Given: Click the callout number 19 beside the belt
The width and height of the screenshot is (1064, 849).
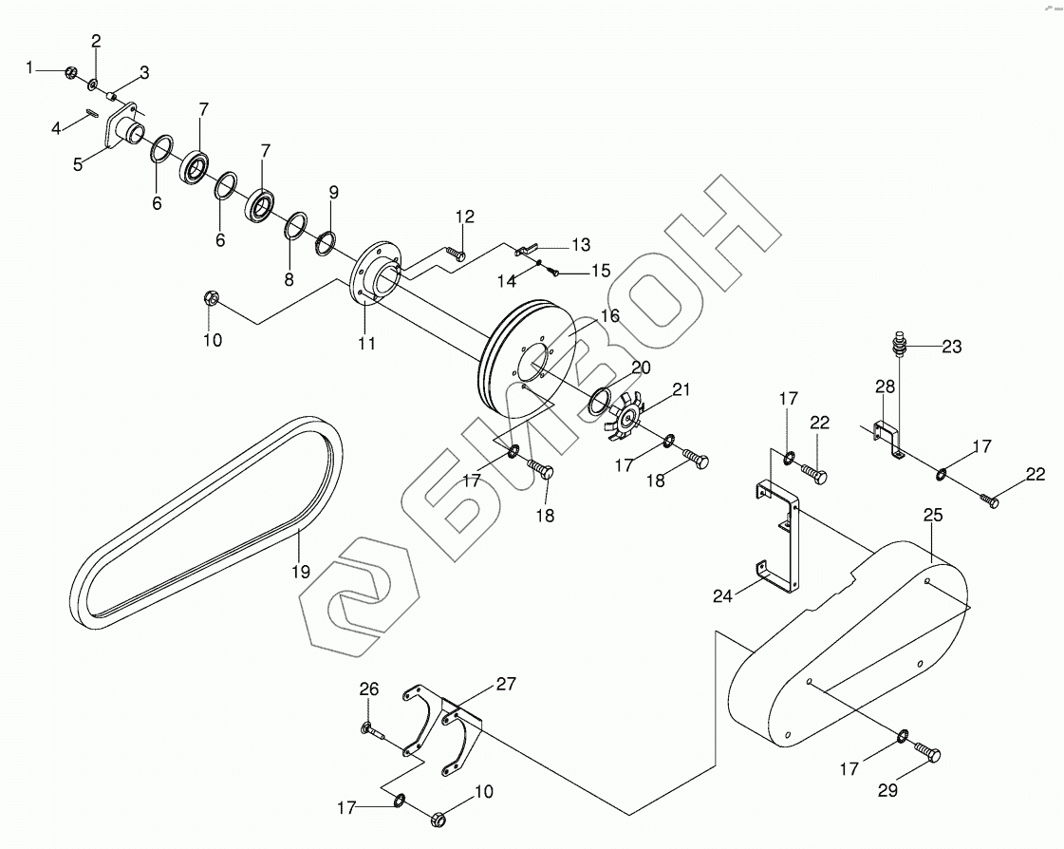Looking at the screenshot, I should (x=300, y=572).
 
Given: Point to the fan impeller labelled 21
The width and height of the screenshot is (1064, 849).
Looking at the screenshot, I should (x=627, y=419).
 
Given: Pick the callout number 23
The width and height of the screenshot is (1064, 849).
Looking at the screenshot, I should (x=951, y=348).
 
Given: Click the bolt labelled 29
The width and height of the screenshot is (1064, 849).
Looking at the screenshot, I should (x=927, y=752).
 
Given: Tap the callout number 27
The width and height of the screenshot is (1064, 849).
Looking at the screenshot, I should (x=506, y=685).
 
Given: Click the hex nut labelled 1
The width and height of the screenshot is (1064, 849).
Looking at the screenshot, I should (x=70, y=72).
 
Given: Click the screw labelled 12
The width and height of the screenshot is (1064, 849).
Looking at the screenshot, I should (x=456, y=253).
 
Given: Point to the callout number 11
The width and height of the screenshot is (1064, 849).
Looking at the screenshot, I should (x=366, y=343).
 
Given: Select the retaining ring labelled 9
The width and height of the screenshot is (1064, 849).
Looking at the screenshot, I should (x=325, y=242).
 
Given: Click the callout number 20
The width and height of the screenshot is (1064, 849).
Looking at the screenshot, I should (x=641, y=368).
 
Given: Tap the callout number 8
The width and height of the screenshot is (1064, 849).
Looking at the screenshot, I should (x=289, y=279).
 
